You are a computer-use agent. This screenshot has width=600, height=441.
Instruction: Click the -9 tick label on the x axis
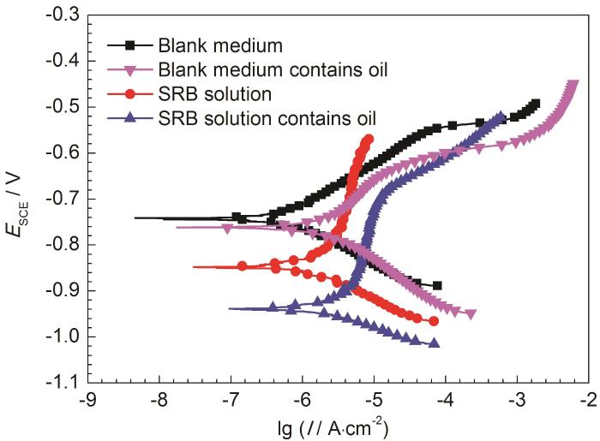(86, 400)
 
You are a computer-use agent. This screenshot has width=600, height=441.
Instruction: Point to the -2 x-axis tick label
(590, 400)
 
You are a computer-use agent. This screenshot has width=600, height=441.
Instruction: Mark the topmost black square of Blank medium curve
(536, 104)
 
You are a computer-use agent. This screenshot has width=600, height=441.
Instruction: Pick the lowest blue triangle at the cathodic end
(435, 343)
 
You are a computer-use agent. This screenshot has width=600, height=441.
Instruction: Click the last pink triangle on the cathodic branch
(471, 314)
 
